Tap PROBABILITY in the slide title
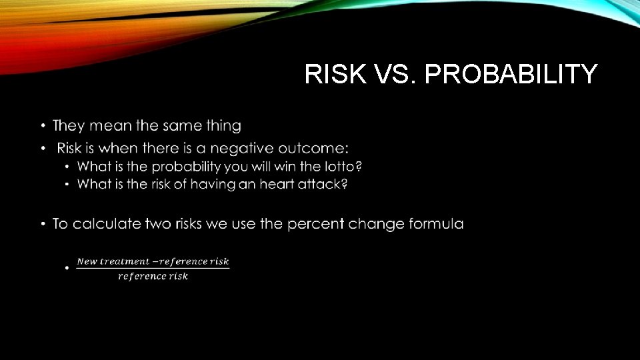[511, 74]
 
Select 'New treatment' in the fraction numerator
[107, 261]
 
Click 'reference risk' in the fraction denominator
[153, 276]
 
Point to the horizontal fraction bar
[153, 269]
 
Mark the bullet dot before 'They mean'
[42, 126]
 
